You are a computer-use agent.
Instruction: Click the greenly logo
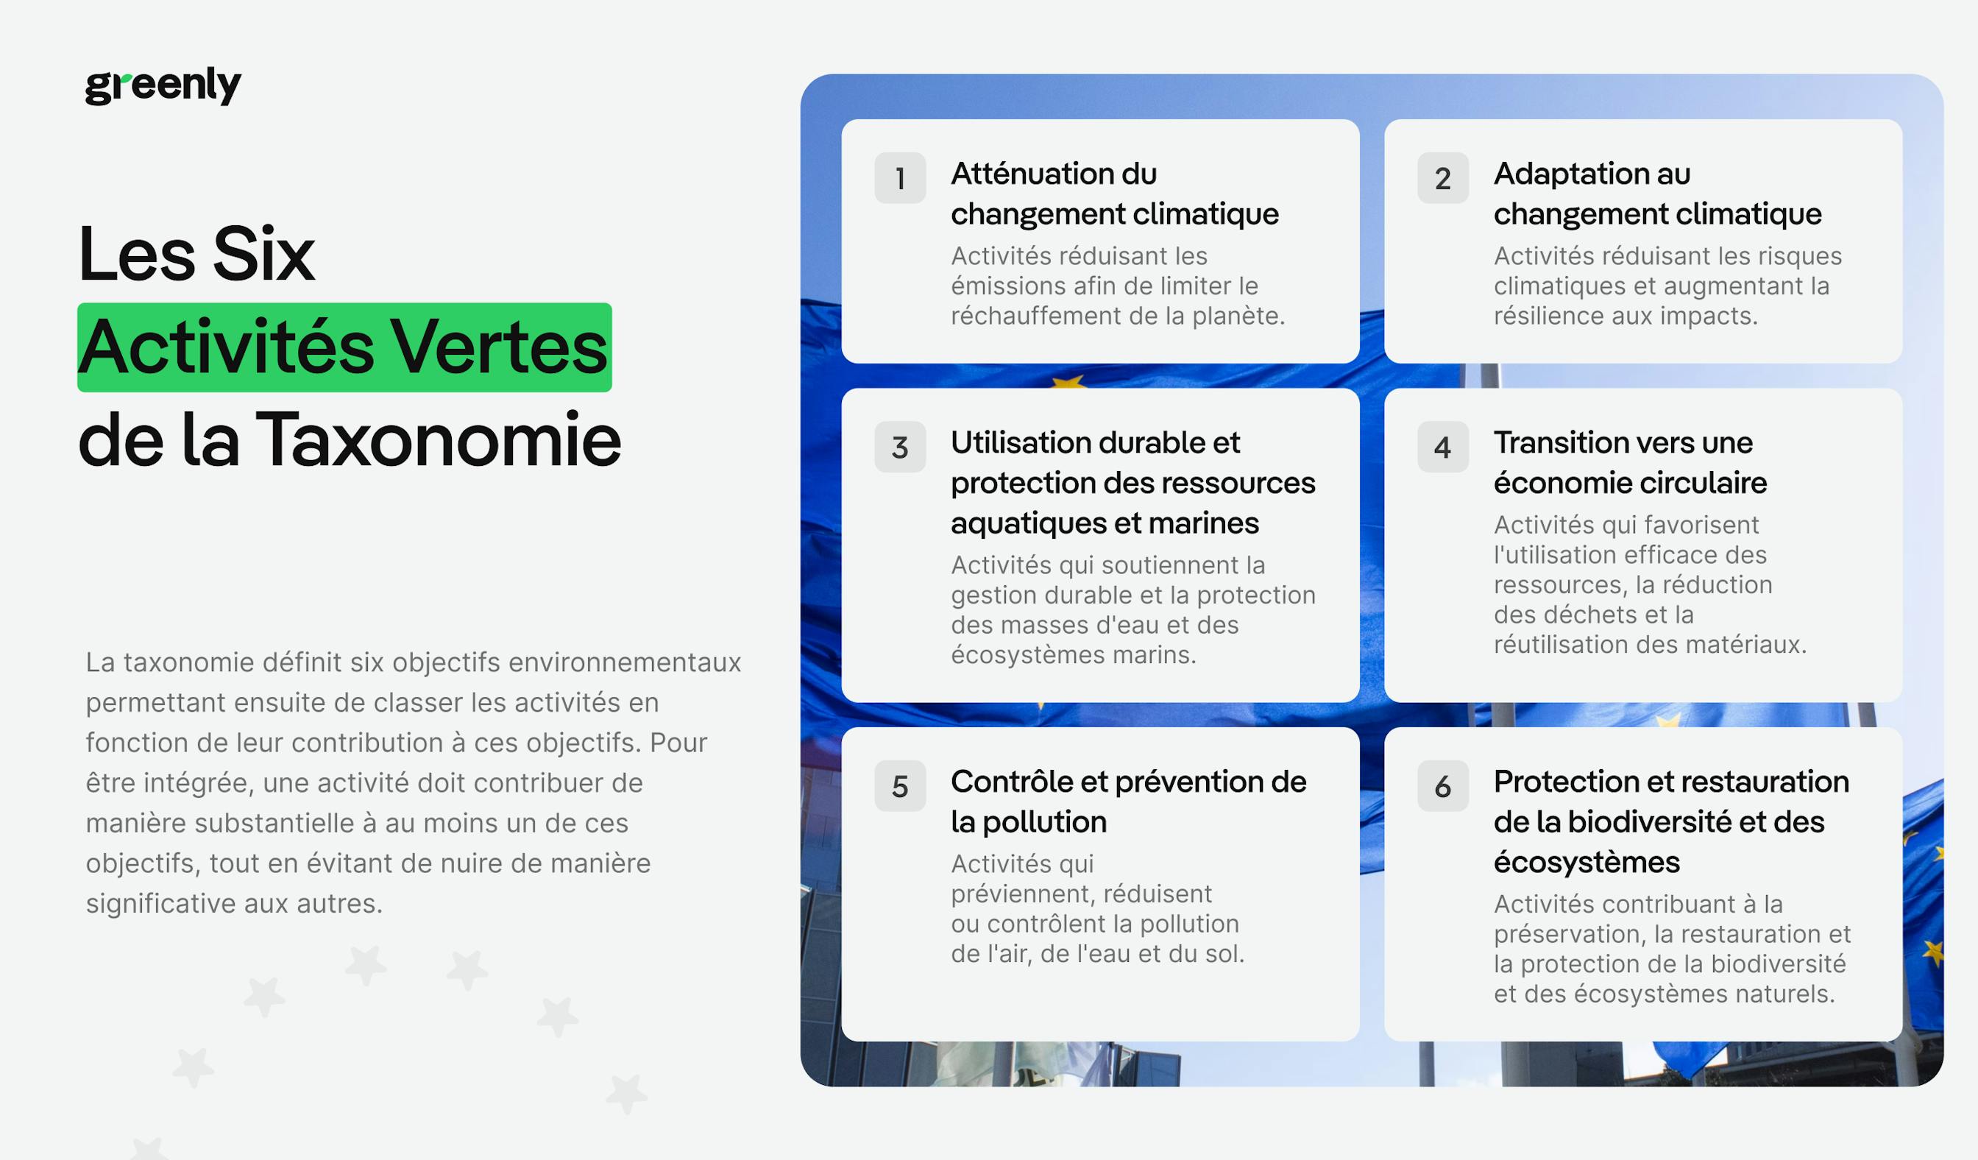point(163,85)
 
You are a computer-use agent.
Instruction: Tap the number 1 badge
point(900,178)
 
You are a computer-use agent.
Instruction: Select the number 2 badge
point(1443,178)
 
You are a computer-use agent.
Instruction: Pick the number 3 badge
point(900,448)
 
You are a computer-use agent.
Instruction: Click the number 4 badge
point(1443,448)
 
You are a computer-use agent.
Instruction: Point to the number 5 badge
point(900,786)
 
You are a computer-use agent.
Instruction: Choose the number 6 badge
point(1443,786)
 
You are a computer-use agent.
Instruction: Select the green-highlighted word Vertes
point(499,347)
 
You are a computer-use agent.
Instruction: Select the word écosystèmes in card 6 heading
point(1587,863)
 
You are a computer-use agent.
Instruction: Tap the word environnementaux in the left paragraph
point(625,662)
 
